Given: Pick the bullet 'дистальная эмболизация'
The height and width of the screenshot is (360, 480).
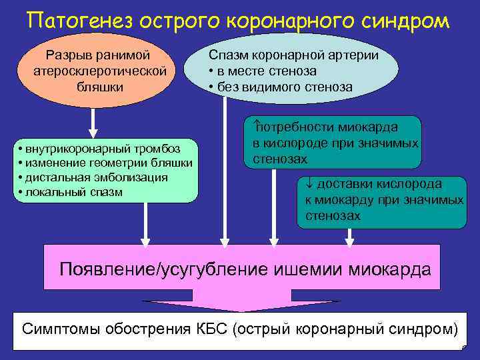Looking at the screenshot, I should [x=93, y=177].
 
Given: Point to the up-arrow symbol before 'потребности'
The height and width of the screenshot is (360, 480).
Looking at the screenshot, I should [x=256, y=125].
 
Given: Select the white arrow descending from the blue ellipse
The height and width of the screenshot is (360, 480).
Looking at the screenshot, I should [x=225, y=167].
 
